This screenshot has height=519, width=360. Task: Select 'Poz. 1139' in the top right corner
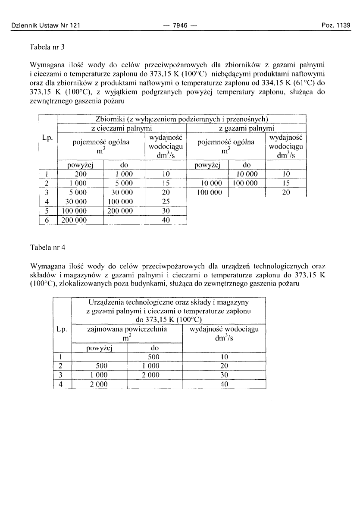coord(337,25)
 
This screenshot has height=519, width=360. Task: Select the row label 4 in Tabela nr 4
coord(62,384)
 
